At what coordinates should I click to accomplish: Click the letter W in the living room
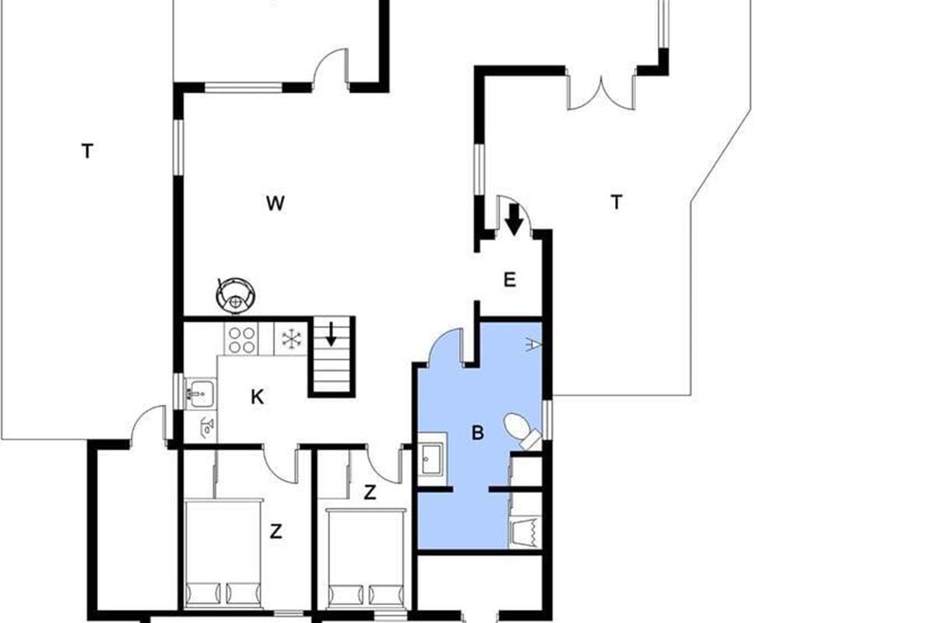click(x=276, y=203)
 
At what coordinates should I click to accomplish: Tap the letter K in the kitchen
click(x=258, y=397)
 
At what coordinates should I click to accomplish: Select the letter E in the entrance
click(x=510, y=280)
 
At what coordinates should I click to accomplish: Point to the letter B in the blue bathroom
click(x=477, y=433)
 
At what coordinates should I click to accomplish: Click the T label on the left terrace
click(x=87, y=151)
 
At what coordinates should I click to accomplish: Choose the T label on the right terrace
click(x=616, y=202)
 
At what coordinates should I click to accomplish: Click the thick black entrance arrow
click(x=514, y=219)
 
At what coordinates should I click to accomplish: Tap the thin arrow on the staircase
click(x=331, y=334)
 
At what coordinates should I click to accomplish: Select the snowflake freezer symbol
click(x=291, y=339)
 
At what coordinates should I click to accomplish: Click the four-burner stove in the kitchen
click(x=242, y=340)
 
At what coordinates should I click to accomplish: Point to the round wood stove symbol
click(x=236, y=294)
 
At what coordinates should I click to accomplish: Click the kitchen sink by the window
click(x=200, y=393)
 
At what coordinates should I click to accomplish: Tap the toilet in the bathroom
click(x=522, y=431)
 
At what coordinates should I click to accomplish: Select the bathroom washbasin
click(x=431, y=459)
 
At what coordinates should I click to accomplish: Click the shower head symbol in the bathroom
click(x=532, y=345)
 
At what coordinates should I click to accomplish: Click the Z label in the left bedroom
click(x=276, y=532)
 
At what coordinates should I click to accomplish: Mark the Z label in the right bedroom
click(x=370, y=492)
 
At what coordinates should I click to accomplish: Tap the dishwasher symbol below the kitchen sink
click(x=207, y=427)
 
